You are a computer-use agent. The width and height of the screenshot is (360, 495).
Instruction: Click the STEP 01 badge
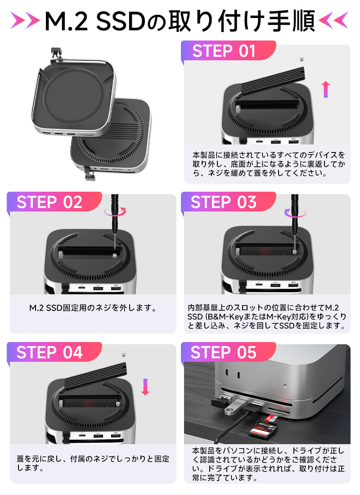point(224,51)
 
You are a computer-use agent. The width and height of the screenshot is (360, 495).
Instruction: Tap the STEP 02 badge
point(49,202)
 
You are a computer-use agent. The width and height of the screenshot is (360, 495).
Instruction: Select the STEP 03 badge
point(224,202)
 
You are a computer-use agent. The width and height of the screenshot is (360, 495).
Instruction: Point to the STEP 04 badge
point(49,352)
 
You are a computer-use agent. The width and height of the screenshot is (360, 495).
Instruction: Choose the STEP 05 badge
point(224,352)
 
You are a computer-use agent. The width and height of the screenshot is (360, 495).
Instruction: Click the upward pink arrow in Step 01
point(326,89)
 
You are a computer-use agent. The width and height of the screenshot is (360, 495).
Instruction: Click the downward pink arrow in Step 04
point(145,387)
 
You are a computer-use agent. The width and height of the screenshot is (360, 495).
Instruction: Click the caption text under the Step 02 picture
point(92,309)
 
